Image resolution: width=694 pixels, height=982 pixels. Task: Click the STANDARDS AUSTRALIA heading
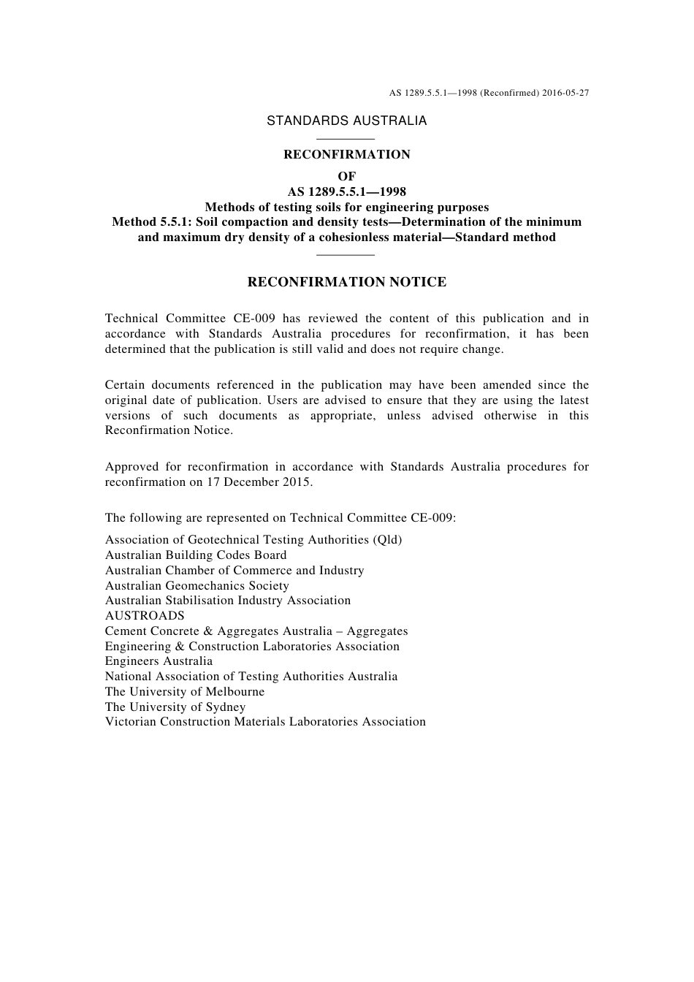pos(346,121)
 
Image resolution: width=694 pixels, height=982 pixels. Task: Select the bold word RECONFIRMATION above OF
pos(346,155)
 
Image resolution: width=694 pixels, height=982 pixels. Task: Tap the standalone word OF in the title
pos(346,177)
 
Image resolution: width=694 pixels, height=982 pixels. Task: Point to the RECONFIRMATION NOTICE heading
pos(346,283)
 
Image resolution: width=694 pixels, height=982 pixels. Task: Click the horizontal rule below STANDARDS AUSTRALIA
pos(346,139)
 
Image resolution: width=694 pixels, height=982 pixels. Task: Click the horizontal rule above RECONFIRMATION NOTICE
pos(346,254)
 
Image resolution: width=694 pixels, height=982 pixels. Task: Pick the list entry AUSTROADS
pos(145,616)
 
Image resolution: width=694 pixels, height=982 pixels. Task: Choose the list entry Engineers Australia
pos(159,661)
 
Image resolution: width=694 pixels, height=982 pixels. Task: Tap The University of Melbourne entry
pos(185,692)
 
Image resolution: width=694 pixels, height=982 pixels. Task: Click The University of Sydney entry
pos(175,707)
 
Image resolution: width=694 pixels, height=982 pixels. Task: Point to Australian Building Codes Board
pos(196,555)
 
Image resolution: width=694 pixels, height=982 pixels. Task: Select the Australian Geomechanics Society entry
pos(197,586)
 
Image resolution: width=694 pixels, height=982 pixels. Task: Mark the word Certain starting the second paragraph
pos(126,385)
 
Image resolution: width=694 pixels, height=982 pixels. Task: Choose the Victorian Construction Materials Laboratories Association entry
pos(265,722)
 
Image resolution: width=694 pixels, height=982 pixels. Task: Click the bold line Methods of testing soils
pos(346,208)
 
